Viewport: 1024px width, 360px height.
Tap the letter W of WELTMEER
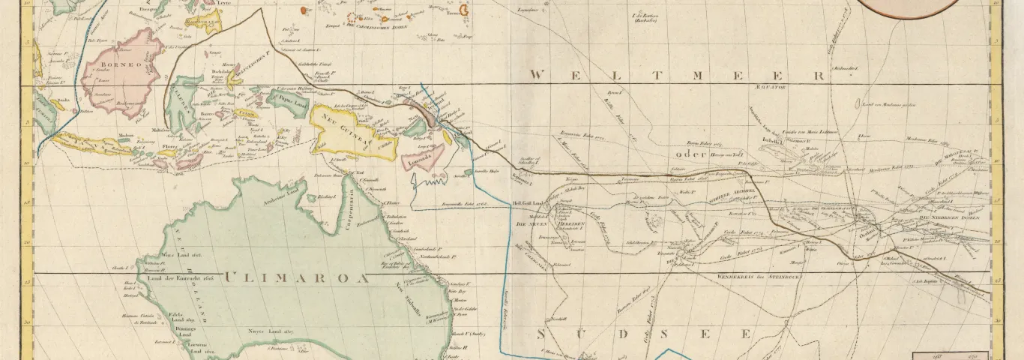538,76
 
